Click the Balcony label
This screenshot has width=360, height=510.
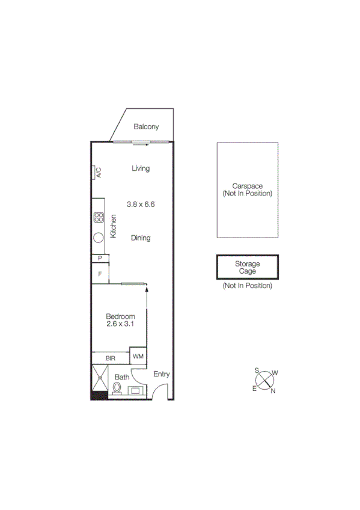click(146, 126)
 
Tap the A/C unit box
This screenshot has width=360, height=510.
click(97, 172)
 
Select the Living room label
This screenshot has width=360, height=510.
click(141, 168)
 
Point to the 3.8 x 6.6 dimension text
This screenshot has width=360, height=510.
click(141, 204)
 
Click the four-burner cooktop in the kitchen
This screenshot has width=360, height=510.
click(99, 218)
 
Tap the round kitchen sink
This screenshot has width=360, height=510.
click(98, 236)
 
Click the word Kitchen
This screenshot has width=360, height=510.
click(114, 226)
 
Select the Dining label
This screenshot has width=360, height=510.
click(141, 238)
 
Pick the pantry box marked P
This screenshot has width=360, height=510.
click(100, 258)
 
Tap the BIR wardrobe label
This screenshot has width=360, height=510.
click(111, 358)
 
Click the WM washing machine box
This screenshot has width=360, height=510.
click(138, 357)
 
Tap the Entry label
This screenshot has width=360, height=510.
click(162, 374)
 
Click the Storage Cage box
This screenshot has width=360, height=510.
click(247, 268)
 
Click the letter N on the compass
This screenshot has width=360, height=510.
click(273, 392)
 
